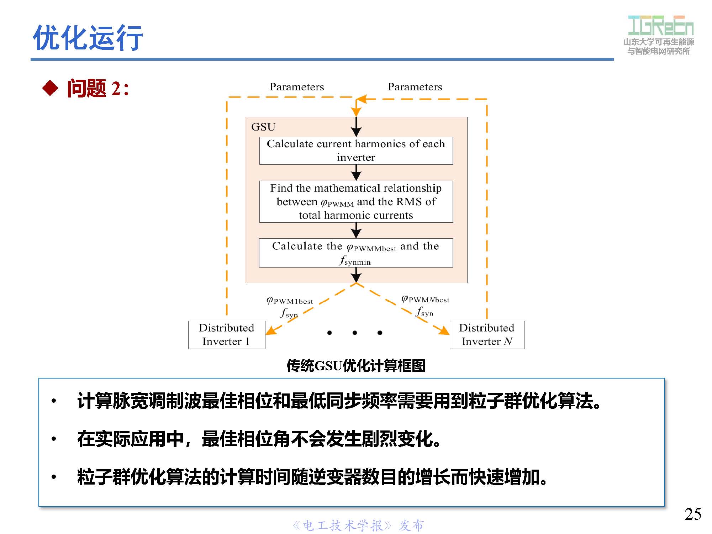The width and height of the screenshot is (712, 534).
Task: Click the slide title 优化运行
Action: (x=88, y=37)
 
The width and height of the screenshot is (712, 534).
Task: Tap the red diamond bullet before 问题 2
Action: (x=50, y=88)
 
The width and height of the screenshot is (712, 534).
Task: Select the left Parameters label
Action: (x=297, y=87)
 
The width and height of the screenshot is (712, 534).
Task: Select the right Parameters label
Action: (x=415, y=87)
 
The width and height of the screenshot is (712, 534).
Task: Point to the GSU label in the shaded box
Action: (x=263, y=127)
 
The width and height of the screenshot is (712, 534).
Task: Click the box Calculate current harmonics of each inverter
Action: (x=356, y=151)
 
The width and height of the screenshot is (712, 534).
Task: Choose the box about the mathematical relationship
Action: (x=356, y=202)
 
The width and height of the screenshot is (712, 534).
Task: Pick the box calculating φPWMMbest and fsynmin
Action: (x=356, y=253)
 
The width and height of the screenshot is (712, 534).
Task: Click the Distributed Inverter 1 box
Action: (x=227, y=335)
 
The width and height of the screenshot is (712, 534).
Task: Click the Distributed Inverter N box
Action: (x=487, y=335)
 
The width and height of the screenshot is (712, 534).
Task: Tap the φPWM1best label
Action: (x=290, y=301)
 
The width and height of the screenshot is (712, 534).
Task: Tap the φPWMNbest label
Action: (x=425, y=299)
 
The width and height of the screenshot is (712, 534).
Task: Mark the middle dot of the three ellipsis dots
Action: (x=355, y=333)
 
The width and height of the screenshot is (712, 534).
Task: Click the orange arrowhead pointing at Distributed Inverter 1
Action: (x=271, y=331)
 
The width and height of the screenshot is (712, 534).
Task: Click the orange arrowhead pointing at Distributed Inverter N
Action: (x=444, y=331)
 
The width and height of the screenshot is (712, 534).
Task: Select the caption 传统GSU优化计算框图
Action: (x=356, y=366)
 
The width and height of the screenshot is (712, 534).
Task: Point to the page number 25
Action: (x=693, y=514)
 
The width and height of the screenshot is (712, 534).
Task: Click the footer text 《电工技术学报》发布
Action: (x=358, y=525)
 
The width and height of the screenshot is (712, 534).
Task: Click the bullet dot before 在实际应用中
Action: (x=54, y=439)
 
